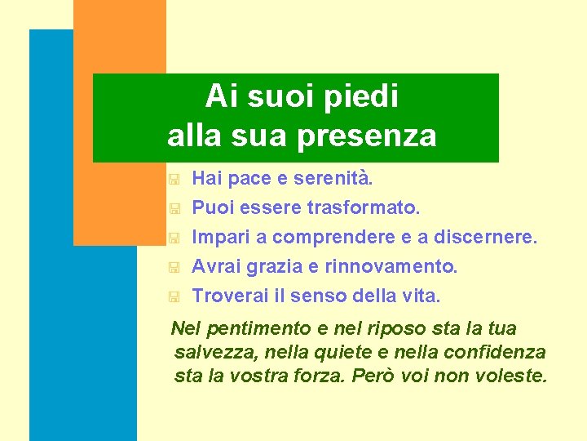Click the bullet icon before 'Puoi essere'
click(x=173, y=209)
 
